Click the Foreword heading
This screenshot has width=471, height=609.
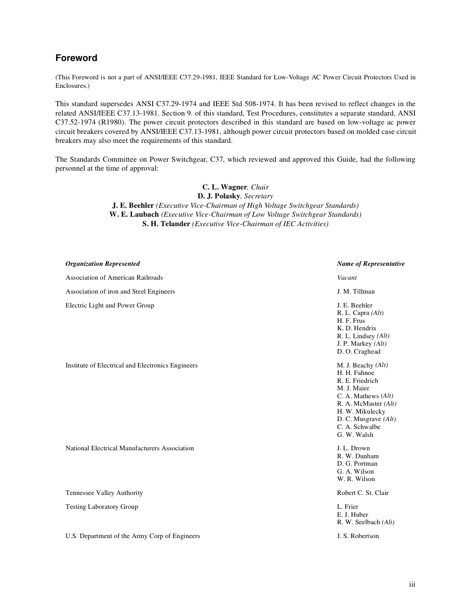pos(76,58)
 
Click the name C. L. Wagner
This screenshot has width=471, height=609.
pos(224,187)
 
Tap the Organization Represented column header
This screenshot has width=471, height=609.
pos(103,264)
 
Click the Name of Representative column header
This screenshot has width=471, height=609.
pos(370,264)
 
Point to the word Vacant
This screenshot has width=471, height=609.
pos(347,278)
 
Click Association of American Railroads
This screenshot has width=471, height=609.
pos(114,278)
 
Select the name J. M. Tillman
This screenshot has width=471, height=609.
pos(355,292)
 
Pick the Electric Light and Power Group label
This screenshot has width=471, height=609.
pos(110,305)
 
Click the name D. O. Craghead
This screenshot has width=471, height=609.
pos(358,352)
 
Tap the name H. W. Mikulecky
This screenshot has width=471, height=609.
pos(361,412)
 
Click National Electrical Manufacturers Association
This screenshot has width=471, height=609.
pos(129,448)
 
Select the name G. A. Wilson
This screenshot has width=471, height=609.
pos(355,472)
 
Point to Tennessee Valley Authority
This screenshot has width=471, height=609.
pos(104,493)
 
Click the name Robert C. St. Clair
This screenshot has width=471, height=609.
pos(362,493)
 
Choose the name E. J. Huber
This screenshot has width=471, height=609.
pos(353,515)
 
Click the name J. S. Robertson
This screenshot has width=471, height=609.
pos(357,536)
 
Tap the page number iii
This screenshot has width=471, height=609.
pos(412,585)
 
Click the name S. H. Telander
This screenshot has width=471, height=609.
pos(166,224)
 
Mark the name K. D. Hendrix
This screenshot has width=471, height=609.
pos(356,328)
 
